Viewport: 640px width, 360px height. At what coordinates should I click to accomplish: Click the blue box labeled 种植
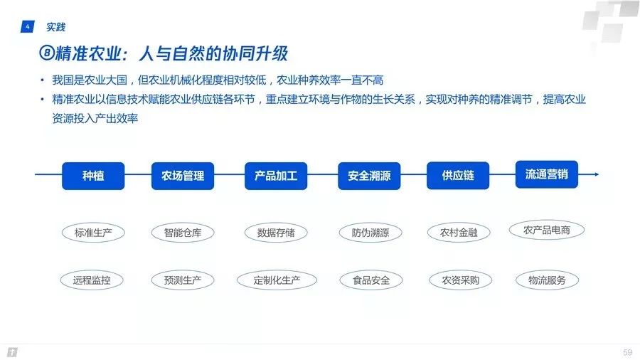point(93,175)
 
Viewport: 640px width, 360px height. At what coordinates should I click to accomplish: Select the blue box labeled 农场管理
point(183,175)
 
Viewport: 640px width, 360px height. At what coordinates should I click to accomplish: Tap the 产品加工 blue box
point(276,175)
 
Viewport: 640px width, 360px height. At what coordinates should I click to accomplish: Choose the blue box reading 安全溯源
point(369,175)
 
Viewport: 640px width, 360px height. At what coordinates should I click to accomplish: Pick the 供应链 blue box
point(458,175)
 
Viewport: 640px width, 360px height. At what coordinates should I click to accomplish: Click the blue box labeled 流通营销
point(546,174)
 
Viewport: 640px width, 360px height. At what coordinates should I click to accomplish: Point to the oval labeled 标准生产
point(93,232)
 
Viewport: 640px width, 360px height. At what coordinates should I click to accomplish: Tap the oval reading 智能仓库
point(183,232)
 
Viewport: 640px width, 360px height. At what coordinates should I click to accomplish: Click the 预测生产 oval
point(183,280)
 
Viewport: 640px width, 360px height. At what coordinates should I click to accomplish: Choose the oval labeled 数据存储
point(276,232)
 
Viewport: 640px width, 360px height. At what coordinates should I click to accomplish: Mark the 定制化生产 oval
point(276,280)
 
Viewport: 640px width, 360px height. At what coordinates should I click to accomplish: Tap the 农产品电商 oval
point(546,230)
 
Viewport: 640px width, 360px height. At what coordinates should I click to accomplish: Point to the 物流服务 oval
point(546,280)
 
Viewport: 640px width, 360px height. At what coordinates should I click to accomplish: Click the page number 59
point(626,352)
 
